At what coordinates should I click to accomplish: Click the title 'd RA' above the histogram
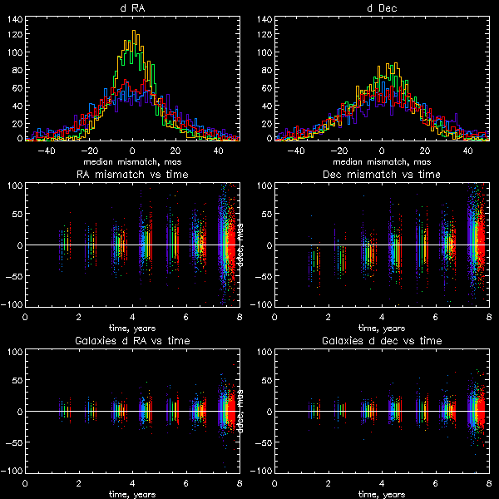tap(132, 8)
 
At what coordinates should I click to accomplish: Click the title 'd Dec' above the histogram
tap(382, 8)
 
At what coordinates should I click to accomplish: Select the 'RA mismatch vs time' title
tap(132, 175)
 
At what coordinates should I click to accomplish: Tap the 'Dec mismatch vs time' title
tap(382, 175)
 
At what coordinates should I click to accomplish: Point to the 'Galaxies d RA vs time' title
tap(132, 341)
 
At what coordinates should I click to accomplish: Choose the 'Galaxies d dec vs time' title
tap(382, 341)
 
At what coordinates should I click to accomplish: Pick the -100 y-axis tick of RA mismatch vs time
tap(12, 305)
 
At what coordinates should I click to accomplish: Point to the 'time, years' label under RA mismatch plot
tap(132, 327)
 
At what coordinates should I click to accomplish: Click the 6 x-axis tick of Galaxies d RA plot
tap(185, 483)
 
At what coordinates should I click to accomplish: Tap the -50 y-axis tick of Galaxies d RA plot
tap(14, 442)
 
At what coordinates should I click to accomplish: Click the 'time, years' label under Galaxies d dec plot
tap(382, 493)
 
